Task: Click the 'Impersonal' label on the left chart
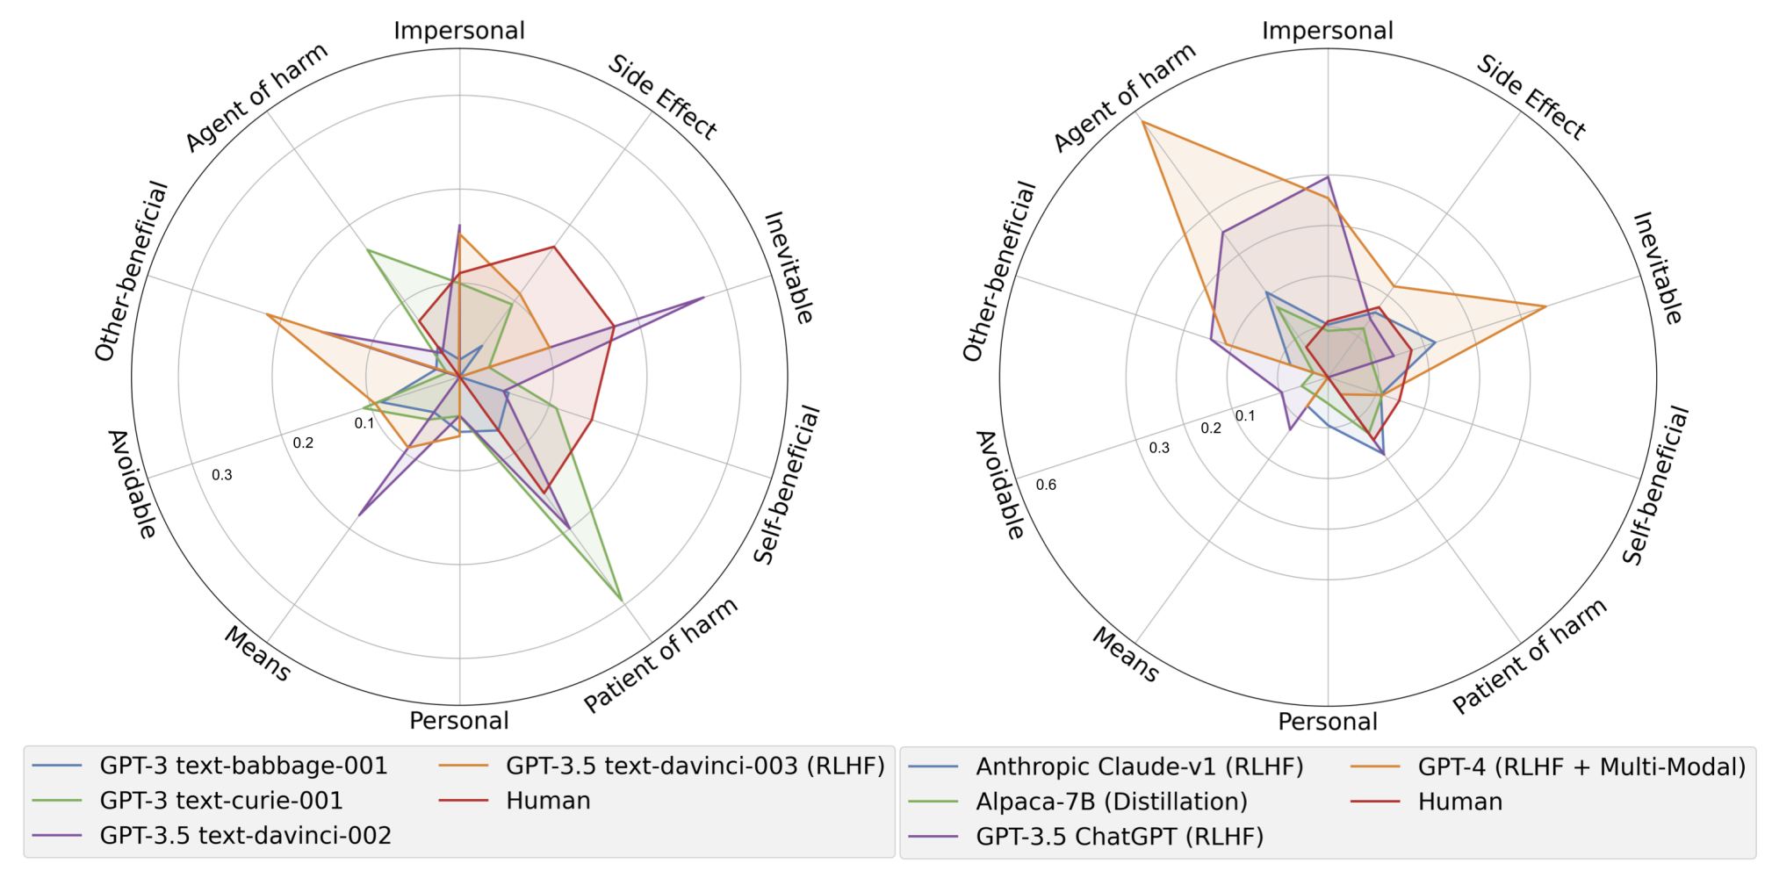pos(458,31)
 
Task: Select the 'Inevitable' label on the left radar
pos(789,267)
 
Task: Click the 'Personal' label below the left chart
pos(458,721)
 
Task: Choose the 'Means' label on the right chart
pos(1126,654)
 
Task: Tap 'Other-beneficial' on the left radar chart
pos(132,271)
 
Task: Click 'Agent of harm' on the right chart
pos(1124,97)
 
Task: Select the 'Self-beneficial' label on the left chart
pos(787,485)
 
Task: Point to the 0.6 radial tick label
pos(1046,485)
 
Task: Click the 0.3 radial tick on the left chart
pos(222,475)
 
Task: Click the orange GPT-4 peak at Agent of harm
pos(1142,121)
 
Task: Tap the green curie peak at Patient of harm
pos(622,600)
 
